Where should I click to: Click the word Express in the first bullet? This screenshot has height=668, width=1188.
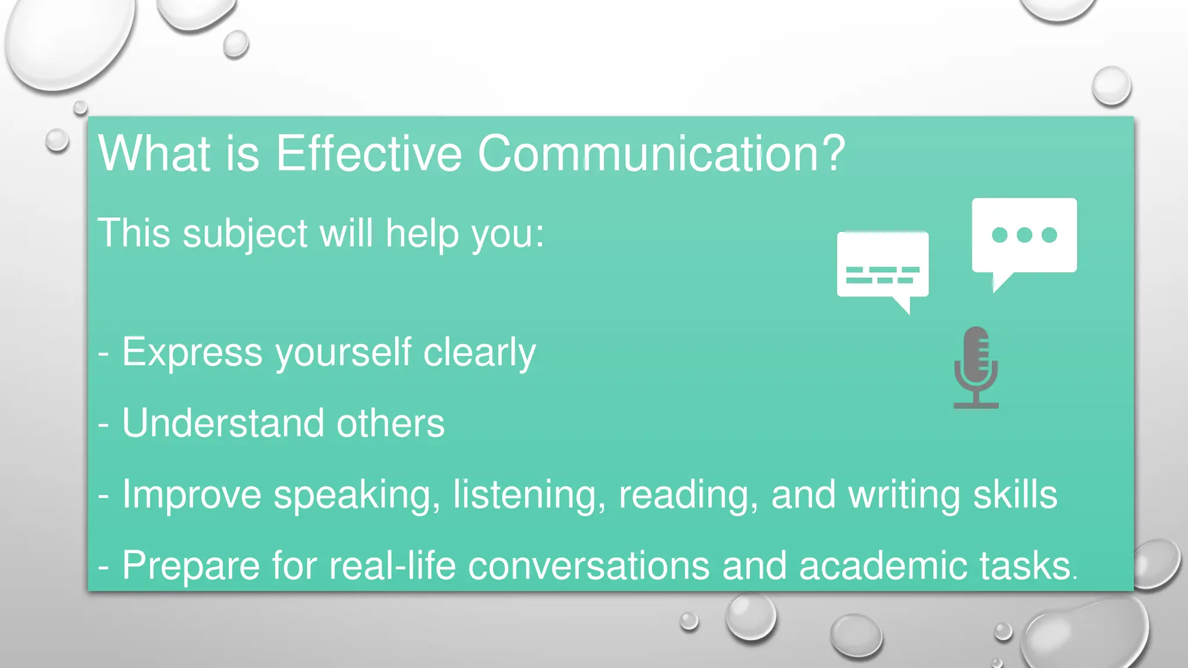[192, 352]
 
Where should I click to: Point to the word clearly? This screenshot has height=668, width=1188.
[479, 352]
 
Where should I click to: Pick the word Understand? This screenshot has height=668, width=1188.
[223, 423]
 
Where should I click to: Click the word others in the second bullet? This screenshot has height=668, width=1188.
[390, 423]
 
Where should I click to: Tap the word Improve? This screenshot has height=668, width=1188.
[191, 494]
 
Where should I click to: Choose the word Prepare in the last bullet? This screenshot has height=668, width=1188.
[191, 565]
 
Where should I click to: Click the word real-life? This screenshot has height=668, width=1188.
[393, 565]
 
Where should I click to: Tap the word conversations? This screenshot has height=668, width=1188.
[588, 565]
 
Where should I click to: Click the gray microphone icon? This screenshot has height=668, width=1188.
[976, 366]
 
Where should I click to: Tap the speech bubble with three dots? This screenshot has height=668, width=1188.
[1024, 238]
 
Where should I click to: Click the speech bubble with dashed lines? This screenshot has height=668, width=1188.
[883, 267]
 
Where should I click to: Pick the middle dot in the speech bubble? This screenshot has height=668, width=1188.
[1024, 235]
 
